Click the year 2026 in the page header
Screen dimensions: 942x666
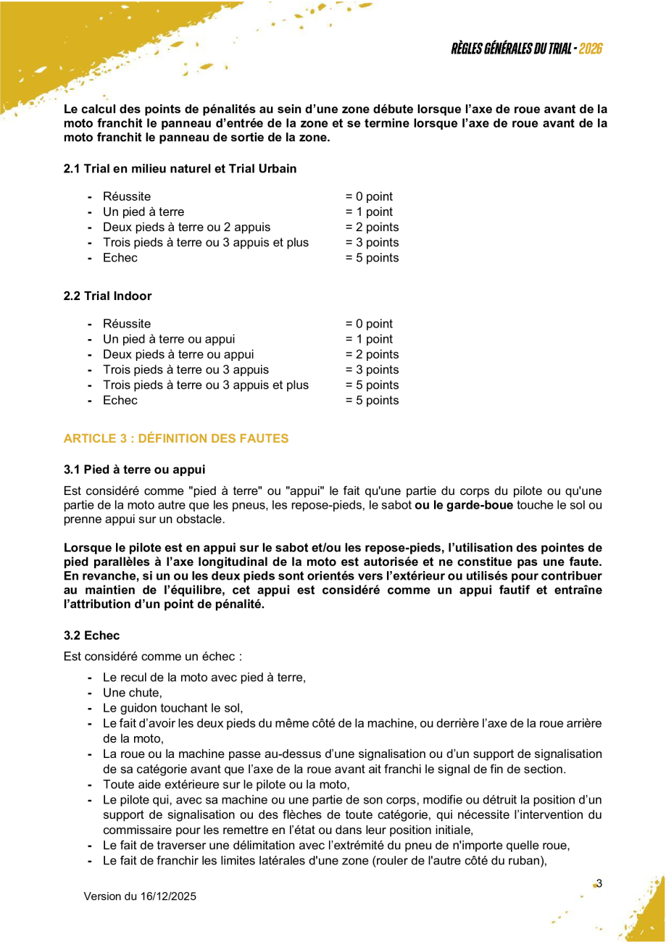click(x=591, y=49)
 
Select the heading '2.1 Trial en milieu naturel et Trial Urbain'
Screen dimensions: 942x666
click(x=180, y=169)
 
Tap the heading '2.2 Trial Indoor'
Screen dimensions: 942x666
click(x=107, y=296)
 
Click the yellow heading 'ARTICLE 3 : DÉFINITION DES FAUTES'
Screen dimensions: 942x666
click(x=176, y=438)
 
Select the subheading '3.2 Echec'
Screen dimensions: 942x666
click(x=91, y=635)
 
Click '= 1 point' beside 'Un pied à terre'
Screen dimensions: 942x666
click(x=369, y=212)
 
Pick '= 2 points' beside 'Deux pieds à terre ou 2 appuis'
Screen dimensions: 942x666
click(x=372, y=228)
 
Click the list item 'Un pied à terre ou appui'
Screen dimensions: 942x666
click(x=169, y=339)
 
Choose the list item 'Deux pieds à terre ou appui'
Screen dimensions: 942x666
click(x=178, y=354)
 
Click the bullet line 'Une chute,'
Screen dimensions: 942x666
click(x=133, y=693)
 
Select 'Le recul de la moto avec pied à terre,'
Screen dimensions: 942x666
click(x=204, y=678)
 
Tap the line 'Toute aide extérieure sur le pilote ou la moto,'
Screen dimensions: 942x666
click(x=226, y=784)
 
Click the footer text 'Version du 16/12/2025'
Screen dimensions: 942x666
click(x=140, y=896)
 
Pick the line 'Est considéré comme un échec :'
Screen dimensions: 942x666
click(x=153, y=657)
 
